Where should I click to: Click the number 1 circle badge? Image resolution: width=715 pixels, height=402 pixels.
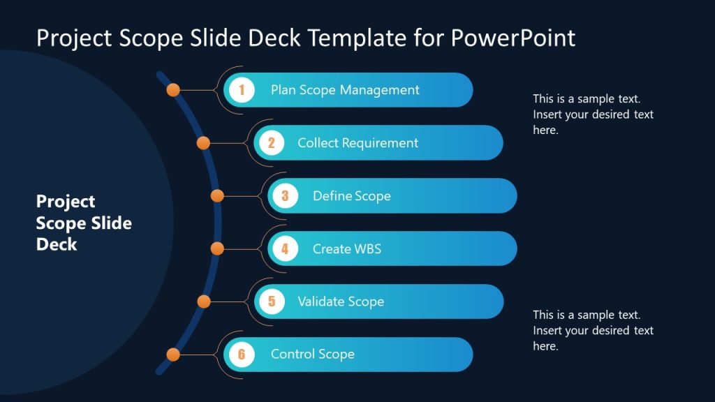(242, 90)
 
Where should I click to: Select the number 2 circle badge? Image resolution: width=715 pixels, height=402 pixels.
(272, 143)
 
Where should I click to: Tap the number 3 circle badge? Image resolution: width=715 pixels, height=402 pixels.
(285, 196)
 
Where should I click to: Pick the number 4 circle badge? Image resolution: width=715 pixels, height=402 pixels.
(285, 248)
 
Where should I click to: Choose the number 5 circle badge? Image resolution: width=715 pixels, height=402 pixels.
(272, 301)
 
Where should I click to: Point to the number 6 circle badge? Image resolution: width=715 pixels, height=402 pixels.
(242, 355)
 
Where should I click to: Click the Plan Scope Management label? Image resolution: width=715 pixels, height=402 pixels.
(345, 90)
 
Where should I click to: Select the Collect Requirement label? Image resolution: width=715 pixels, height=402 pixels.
(357, 143)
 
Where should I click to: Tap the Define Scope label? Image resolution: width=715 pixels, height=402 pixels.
(351, 196)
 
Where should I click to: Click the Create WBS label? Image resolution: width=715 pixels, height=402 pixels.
(346, 248)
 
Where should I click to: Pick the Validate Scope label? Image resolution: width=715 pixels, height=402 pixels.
(341, 301)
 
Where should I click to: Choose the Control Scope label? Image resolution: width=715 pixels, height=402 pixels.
(312, 355)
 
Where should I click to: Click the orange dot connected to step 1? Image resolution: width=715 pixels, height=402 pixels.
(173, 90)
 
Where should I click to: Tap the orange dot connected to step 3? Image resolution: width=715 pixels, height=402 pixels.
(217, 196)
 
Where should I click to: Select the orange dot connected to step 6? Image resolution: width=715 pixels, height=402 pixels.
(173, 355)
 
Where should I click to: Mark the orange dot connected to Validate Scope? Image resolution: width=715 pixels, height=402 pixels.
(203, 301)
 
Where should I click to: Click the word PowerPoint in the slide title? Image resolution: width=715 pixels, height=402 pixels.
(513, 38)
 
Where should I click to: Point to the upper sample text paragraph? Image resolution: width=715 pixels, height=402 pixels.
(593, 114)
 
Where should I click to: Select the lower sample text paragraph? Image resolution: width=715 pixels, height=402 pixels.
(593, 330)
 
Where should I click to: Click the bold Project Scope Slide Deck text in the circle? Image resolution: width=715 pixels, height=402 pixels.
(84, 223)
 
